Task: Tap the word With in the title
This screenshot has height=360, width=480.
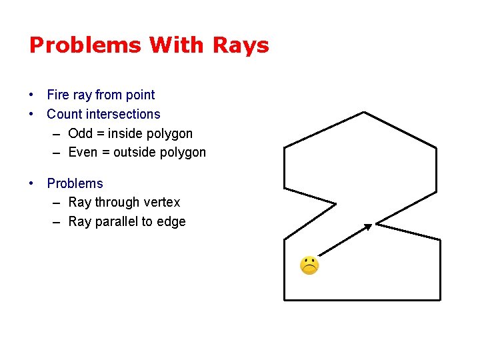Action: [x=178, y=45]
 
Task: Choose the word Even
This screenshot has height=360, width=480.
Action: [x=83, y=152]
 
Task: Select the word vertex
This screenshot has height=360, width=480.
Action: [x=163, y=202]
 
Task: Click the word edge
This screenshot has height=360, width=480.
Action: [x=171, y=221]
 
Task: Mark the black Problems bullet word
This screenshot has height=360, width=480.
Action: [x=75, y=183]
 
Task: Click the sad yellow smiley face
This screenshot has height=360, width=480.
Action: [x=309, y=265]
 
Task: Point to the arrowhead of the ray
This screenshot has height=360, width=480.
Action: [x=369, y=227]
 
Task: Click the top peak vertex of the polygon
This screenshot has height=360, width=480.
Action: [x=363, y=113]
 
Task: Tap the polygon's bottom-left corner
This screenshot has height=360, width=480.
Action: [x=285, y=299]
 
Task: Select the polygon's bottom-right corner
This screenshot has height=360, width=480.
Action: [x=440, y=299]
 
